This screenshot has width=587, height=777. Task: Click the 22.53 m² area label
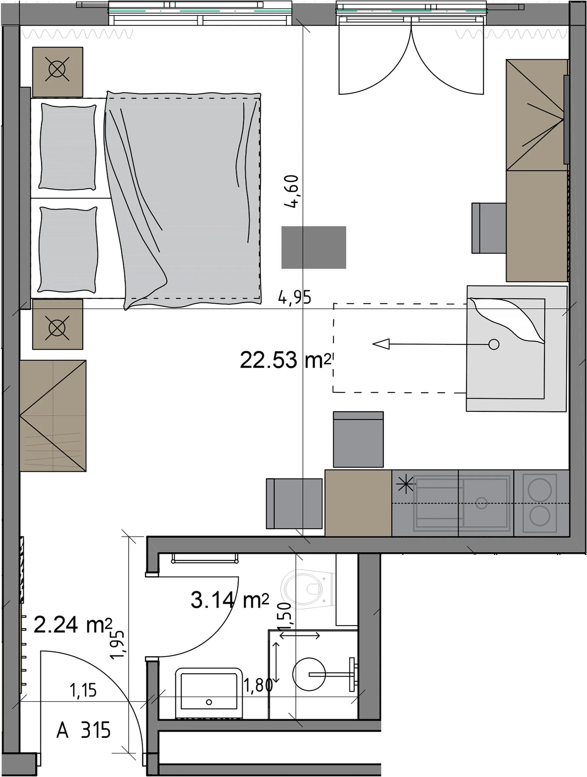pos(286,360)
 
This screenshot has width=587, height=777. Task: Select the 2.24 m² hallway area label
pos(73,625)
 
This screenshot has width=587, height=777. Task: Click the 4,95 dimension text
pos(295,297)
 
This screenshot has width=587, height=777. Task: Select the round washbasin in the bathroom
pos(309,674)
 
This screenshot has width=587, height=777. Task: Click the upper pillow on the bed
pos(67,147)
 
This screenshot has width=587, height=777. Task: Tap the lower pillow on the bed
pos(68,250)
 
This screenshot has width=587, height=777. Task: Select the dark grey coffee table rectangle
pos(313,247)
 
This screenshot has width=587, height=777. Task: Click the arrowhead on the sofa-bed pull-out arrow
pos(381,344)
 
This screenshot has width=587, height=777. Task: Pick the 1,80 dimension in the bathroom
pos(258,685)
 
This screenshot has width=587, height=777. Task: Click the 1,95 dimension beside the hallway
pos(117,645)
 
